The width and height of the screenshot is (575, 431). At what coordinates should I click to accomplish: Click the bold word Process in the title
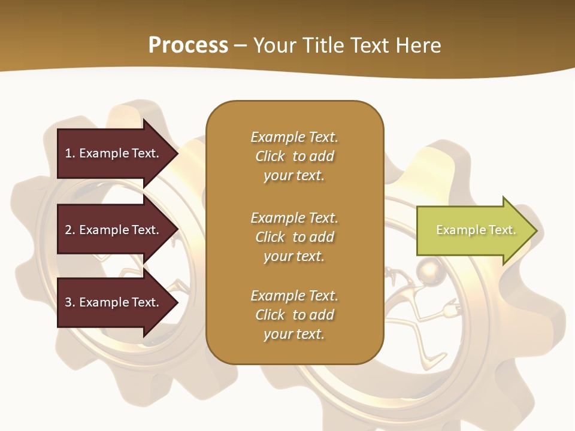[x=187, y=45]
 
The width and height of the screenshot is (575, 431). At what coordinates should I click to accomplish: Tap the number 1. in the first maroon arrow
[x=69, y=153]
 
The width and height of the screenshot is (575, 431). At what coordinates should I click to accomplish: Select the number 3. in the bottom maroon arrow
[x=69, y=302]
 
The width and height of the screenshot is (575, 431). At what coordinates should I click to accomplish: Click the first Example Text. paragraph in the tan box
[x=294, y=156]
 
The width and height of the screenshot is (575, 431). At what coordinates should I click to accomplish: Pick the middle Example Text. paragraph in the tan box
[x=294, y=237]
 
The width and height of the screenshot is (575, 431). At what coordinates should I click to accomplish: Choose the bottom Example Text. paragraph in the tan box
[x=294, y=315]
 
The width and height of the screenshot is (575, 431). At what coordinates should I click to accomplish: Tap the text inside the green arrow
[x=476, y=230]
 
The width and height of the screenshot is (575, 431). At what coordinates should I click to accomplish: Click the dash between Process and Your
[x=240, y=45]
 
